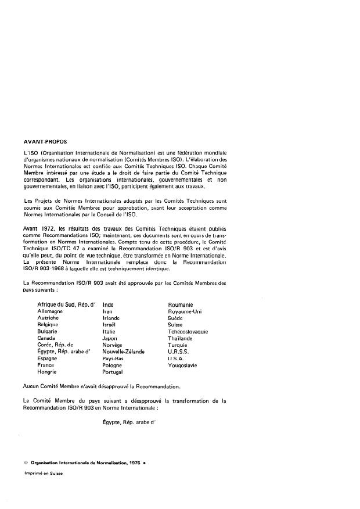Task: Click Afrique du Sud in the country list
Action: coord(56,304)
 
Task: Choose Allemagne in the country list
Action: coord(51,311)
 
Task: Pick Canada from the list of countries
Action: coord(46,338)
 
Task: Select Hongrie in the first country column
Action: coord(48,372)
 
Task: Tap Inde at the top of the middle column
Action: coord(108,304)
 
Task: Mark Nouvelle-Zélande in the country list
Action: coord(124,352)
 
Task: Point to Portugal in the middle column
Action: coord(113,372)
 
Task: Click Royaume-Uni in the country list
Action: coord(185,311)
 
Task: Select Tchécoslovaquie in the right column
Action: coord(188,331)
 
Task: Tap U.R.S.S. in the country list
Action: coord(178,352)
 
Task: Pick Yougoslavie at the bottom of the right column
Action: coord(182,365)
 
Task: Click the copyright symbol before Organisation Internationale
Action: coord(26,463)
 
